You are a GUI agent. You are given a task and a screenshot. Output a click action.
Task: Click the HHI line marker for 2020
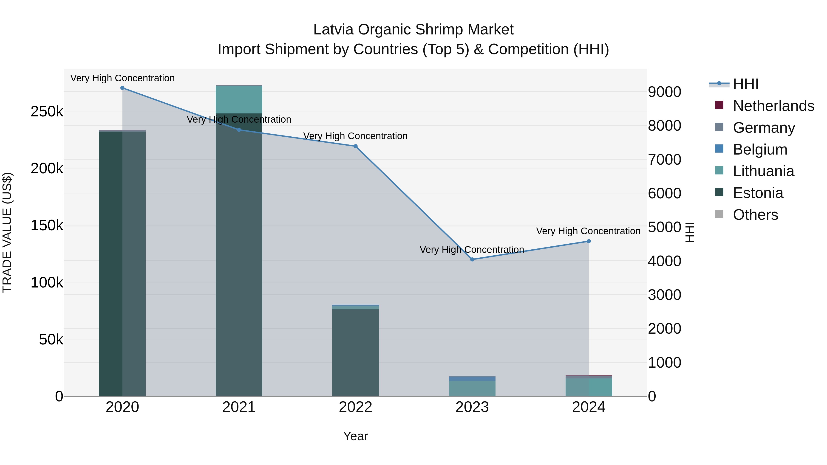[x=122, y=88]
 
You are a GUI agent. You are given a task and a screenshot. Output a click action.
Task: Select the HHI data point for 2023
[x=472, y=259]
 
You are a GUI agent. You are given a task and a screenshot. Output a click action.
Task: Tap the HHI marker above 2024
[x=589, y=241]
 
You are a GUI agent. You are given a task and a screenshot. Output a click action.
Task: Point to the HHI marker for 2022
[x=355, y=146]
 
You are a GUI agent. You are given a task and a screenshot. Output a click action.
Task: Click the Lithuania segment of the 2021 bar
[x=239, y=99]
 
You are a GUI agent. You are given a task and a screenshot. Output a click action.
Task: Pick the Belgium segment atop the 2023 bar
[x=472, y=379]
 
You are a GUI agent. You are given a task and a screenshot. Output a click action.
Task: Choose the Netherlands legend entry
[x=773, y=106]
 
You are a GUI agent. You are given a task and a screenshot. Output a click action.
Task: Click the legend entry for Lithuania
[x=763, y=171]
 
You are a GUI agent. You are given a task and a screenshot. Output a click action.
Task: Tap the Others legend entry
[x=755, y=215]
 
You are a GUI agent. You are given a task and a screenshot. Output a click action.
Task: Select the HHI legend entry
[x=745, y=84]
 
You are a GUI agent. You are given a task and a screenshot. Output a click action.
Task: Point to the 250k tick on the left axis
[x=47, y=112]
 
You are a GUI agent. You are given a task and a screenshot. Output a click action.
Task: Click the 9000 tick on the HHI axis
[x=664, y=92]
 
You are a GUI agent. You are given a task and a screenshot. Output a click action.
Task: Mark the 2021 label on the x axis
[x=239, y=407]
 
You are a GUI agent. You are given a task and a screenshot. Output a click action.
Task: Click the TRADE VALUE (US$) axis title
[x=7, y=232]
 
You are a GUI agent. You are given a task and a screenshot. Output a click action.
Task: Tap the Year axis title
[x=355, y=436]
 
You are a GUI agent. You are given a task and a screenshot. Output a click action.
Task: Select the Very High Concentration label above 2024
[x=588, y=231]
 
